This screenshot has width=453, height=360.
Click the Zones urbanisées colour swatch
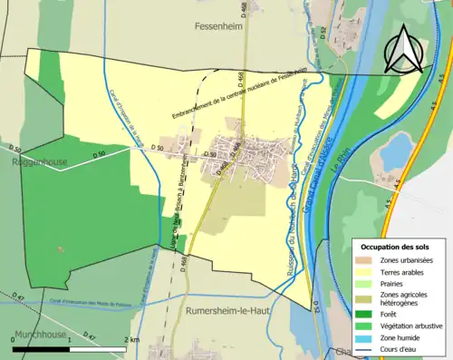pos(366,260)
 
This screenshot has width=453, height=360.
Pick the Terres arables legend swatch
pos(366,271)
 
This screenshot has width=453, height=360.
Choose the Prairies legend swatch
pos(366,282)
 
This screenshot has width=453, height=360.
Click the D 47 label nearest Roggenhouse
pos(19,297)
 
